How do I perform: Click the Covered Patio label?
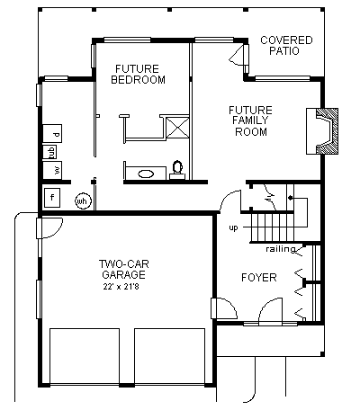click(286, 45)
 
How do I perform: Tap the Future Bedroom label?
click(138, 74)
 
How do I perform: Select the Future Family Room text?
click(250, 120)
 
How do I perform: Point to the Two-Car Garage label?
click(124, 269)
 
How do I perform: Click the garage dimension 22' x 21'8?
click(121, 287)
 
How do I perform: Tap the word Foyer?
click(259, 278)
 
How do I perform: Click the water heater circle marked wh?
click(83, 201)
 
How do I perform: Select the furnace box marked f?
click(52, 198)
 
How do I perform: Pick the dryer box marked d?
click(52, 133)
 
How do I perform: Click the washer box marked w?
click(52, 170)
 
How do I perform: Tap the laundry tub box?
click(49, 152)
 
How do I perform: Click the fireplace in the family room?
click(322, 131)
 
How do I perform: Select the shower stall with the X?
click(177, 128)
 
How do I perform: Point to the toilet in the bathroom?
click(177, 170)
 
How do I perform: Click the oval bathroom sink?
click(146, 174)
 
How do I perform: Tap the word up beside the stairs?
click(233, 227)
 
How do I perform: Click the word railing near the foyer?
click(281, 249)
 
